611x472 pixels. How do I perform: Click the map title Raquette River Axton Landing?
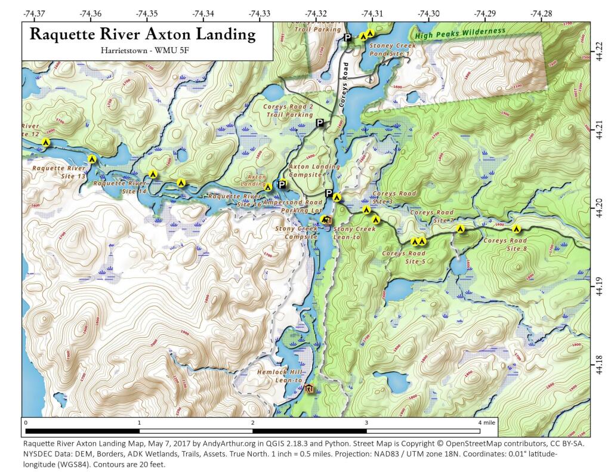[x=143, y=34]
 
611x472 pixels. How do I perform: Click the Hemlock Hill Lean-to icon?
[x=308, y=390]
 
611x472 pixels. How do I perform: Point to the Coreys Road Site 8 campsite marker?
[x=517, y=229]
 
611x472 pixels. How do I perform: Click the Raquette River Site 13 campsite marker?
[x=92, y=159]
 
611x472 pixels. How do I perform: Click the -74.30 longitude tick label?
[x=428, y=13]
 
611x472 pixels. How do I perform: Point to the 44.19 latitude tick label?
[x=599, y=288]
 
